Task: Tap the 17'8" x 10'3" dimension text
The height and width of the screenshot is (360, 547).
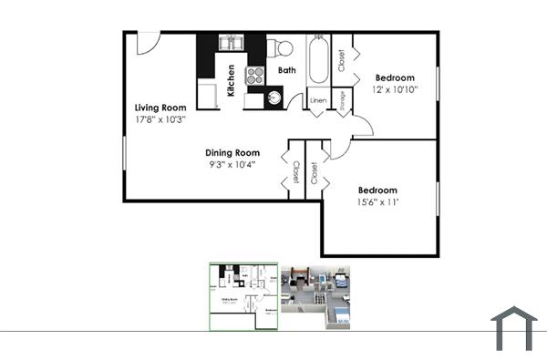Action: pyautogui.click(x=162, y=119)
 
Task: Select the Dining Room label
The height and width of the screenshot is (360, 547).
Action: pyautogui.click(x=232, y=152)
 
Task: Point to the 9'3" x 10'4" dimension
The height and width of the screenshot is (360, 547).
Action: pyautogui.click(x=232, y=164)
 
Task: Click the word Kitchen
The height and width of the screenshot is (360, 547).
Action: pyautogui.click(x=232, y=80)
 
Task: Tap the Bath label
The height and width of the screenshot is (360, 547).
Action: pyautogui.click(x=286, y=70)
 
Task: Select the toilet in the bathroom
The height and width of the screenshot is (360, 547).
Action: pyautogui.click(x=283, y=48)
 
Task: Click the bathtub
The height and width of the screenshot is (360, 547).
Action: pyautogui.click(x=318, y=60)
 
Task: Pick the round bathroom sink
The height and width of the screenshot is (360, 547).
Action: pyautogui.click(x=274, y=98)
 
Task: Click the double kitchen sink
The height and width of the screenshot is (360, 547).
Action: pyautogui.click(x=231, y=43)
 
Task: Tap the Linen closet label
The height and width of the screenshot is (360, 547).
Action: pyautogui.click(x=318, y=100)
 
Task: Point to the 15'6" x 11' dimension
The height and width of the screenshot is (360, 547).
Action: pyautogui.click(x=377, y=202)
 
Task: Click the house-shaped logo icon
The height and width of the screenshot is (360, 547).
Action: pyautogui.click(x=514, y=328)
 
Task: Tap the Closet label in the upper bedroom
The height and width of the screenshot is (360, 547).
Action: pyautogui.click(x=341, y=60)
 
